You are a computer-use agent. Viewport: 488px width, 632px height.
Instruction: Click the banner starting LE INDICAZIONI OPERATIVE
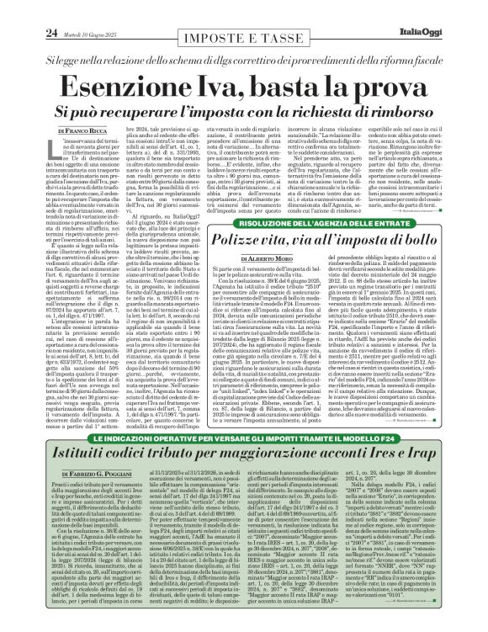point(244,462)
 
